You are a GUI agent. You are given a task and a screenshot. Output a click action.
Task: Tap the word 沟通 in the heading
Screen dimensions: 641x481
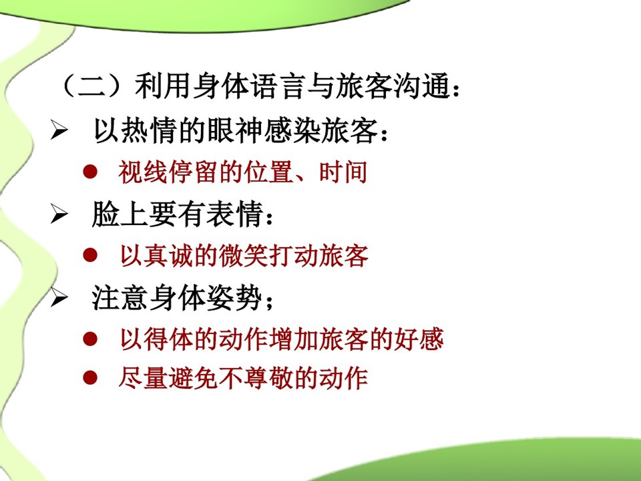(x=422, y=86)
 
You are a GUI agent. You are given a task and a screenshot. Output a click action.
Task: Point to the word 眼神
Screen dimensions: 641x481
(x=235, y=131)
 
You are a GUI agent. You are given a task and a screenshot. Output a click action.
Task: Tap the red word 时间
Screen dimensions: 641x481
(x=343, y=172)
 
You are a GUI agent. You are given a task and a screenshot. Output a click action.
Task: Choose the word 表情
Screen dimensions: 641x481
(x=234, y=214)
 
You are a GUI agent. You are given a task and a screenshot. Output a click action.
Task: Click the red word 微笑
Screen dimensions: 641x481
(x=244, y=256)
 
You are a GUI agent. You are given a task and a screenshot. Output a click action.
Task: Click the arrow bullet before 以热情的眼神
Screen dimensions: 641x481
(x=59, y=130)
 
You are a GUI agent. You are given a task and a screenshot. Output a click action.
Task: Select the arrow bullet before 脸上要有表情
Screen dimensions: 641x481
(x=59, y=214)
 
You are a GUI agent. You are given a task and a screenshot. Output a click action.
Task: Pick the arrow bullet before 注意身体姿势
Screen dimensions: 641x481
(x=59, y=297)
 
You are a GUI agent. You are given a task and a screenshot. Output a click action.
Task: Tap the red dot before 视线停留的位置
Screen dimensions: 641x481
(x=90, y=172)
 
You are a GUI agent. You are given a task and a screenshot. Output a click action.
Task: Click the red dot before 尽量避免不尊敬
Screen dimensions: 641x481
(x=90, y=377)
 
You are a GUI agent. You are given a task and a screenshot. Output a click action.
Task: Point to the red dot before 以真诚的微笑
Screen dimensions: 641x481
(x=90, y=255)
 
